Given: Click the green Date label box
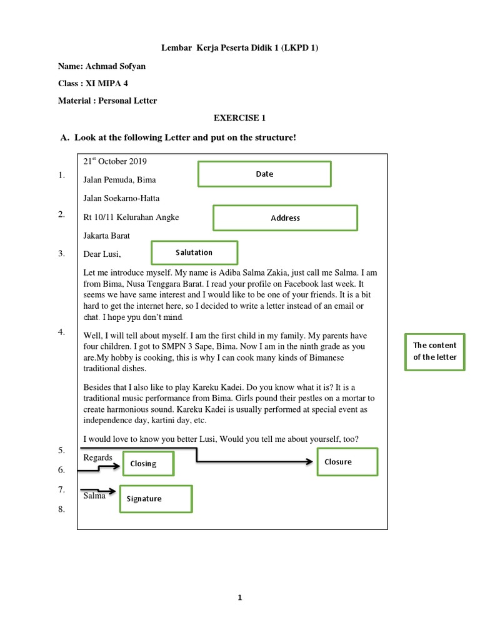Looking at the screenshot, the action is pyautogui.click(x=264, y=174).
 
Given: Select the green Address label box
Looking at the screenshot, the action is pyautogui.click(x=285, y=218).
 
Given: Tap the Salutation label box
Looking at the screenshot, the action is pyautogui.click(x=194, y=252).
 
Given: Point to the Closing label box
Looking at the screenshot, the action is pyautogui.click(x=147, y=464).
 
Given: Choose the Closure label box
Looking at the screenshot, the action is pyautogui.click(x=347, y=462).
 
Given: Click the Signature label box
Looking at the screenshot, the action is pyautogui.click(x=156, y=499).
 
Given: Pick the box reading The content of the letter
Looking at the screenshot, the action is pyautogui.click(x=435, y=351).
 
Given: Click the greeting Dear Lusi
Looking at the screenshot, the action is pyautogui.click(x=102, y=254).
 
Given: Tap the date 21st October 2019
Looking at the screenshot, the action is pyautogui.click(x=115, y=161).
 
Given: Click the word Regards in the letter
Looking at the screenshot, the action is pyautogui.click(x=97, y=457).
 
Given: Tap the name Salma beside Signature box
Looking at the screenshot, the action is pyautogui.click(x=94, y=496).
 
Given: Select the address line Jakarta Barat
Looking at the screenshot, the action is pyautogui.click(x=107, y=236).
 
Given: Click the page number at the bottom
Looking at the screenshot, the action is pyautogui.click(x=239, y=597).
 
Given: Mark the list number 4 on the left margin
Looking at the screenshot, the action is pyautogui.click(x=62, y=332).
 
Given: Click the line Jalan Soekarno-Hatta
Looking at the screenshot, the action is pyautogui.click(x=121, y=199).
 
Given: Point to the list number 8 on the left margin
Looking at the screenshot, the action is pyautogui.click(x=62, y=509).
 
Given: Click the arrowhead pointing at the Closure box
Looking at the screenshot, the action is pyautogui.click(x=309, y=462).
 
